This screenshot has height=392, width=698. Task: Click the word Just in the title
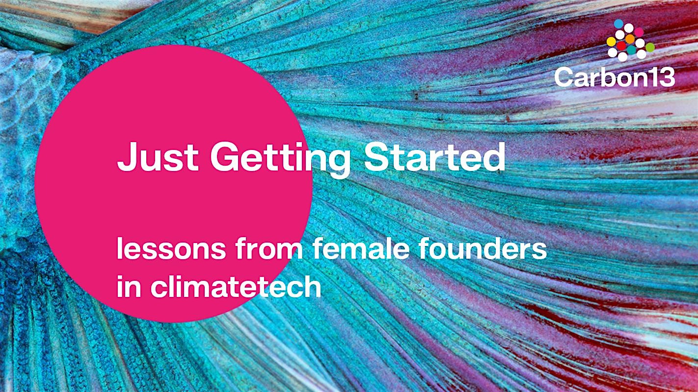[x=158, y=156]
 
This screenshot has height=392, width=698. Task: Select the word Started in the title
[x=435, y=156]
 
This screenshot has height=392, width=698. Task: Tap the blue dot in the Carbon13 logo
[x=618, y=24]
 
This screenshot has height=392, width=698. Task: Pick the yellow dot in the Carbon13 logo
[x=611, y=41]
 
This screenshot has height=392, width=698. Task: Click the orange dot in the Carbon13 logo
[x=630, y=39]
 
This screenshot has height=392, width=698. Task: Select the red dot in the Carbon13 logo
[x=621, y=46]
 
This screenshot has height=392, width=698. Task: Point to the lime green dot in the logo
[x=650, y=48]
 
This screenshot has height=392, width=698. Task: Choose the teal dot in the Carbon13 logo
[x=631, y=50]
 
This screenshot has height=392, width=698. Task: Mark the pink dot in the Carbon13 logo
[x=639, y=32]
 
